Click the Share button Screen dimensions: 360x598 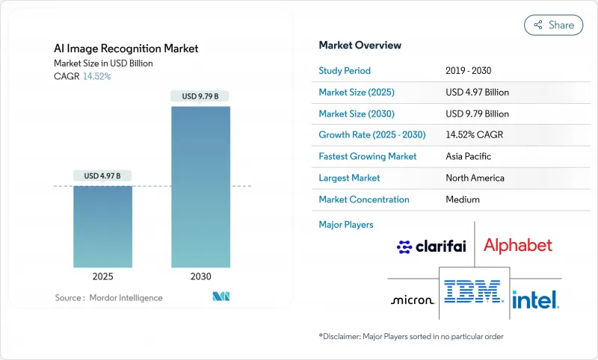coord(554,25)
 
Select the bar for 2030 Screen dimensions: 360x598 coord(200,187)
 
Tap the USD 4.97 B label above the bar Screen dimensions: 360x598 coord(102,176)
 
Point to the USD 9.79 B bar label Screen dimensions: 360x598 coord(200,96)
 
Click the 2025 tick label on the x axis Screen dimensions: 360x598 coord(102,276)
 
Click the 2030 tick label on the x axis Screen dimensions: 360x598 coord(200,276)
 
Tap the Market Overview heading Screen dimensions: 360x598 coord(359,45)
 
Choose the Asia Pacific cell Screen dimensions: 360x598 coord(469,157)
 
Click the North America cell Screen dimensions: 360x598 coord(475,178)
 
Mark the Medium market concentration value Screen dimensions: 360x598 coord(462,199)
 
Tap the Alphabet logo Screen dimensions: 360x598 coord(517,245)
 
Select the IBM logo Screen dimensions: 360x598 coord(472,291)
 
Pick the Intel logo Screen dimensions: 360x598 coord(535,300)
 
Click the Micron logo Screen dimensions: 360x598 coord(412,300)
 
